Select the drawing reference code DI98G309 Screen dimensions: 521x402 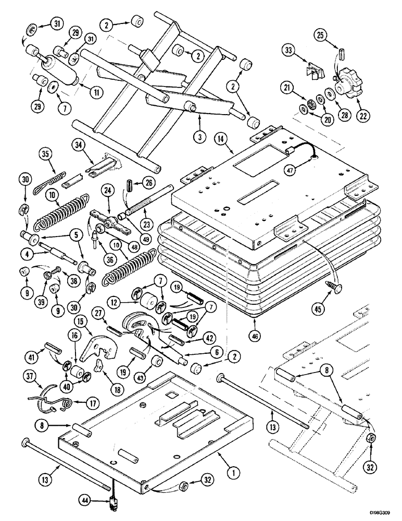(x=378, y=514)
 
